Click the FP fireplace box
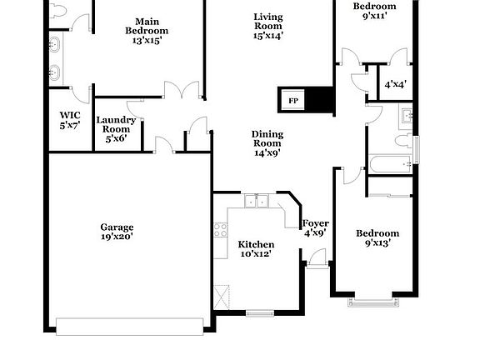(293, 101)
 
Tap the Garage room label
(117, 227)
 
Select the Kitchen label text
(255, 244)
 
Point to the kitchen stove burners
(221, 230)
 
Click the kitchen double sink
(256, 202)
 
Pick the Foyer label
(315, 223)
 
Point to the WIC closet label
(69, 116)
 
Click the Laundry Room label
(116, 125)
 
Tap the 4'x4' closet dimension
(395, 84)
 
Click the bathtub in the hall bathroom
(390, 164)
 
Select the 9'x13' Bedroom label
(377, 233)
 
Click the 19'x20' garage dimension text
(117, 237)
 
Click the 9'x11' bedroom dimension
(374, 16)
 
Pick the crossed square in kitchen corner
(222, 297)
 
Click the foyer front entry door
(317, 262)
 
